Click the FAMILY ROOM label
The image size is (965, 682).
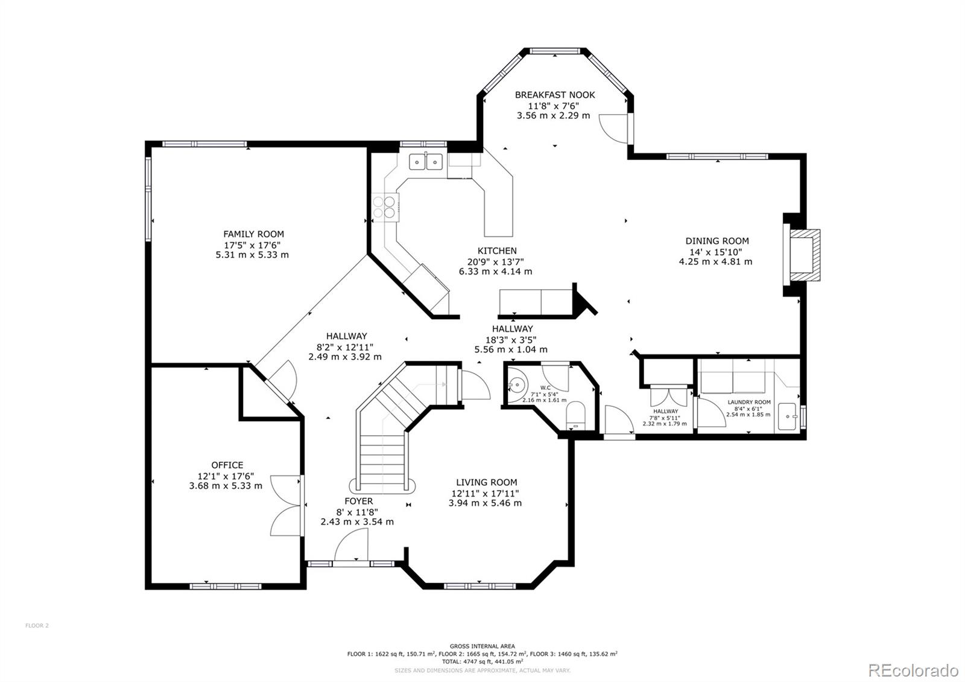[253, 234]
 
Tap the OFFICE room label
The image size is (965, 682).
[227, 465]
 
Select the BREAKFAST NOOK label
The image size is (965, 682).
[554, 95]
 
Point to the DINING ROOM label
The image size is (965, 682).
[717, 241]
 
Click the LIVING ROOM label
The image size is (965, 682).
[486, 482]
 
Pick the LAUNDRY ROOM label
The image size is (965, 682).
[748, 402]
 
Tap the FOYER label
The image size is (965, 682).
[358, 501]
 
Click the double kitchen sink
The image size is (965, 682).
[426, 161]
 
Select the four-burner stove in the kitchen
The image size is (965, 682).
[385, 207]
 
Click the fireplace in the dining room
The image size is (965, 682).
[804, 255]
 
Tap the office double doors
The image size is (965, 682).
[286, 505]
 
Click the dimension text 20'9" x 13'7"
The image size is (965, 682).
[496, 261]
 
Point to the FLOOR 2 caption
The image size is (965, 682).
[37, 625]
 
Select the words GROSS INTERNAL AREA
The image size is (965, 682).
[482, 646]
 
